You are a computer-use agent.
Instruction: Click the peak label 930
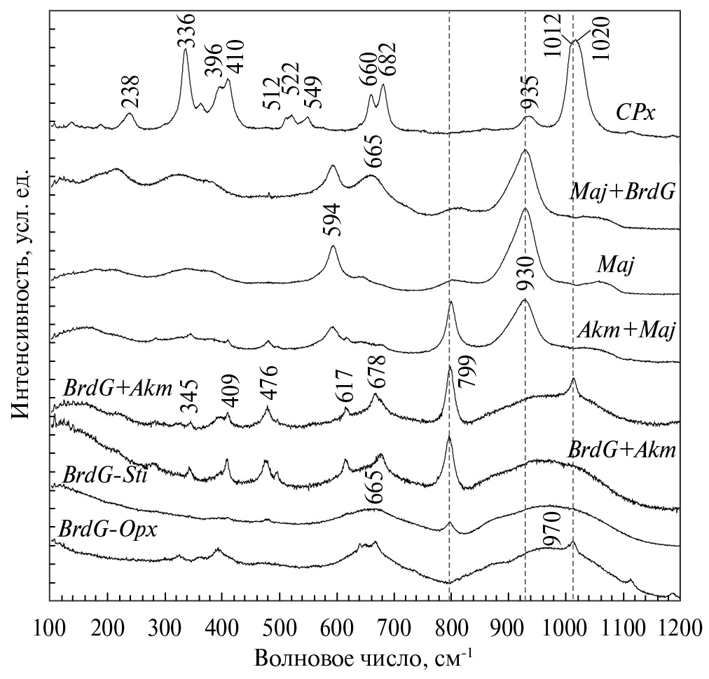[x=526, y=274]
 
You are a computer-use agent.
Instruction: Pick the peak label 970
[x=552, y=535]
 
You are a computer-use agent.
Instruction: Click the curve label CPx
[x=635, y=112]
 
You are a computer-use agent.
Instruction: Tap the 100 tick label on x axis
[x=50, y=624]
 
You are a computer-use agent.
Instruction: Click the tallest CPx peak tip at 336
[x=186, y=49]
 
